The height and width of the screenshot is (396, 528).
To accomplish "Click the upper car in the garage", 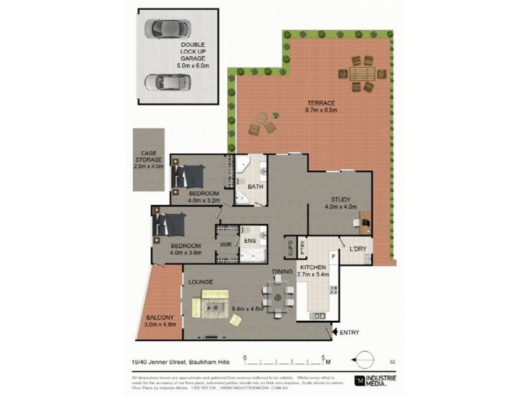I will coord(168,29).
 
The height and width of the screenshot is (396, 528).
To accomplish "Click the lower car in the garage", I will coord(168,83).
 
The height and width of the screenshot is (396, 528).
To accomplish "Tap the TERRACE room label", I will coord(321,103).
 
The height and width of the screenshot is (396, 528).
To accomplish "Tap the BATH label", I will coord(255,187).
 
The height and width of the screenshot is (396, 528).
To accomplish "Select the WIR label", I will coord(225,245).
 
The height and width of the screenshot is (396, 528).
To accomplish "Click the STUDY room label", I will coord(341,199).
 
